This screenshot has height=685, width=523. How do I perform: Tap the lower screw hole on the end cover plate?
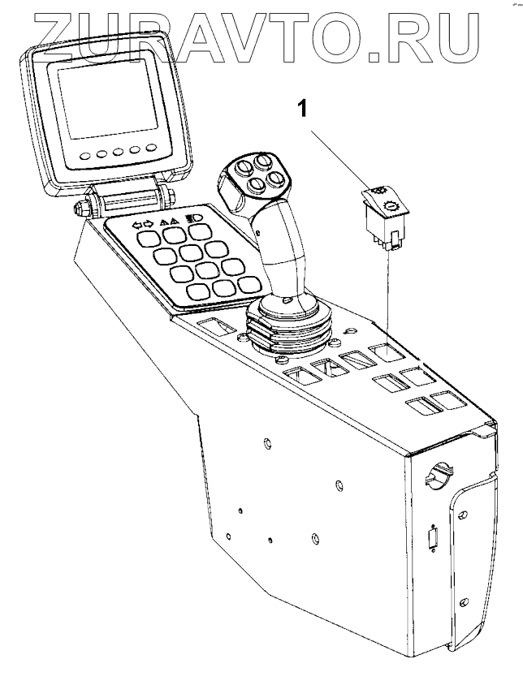click(463, 601)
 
